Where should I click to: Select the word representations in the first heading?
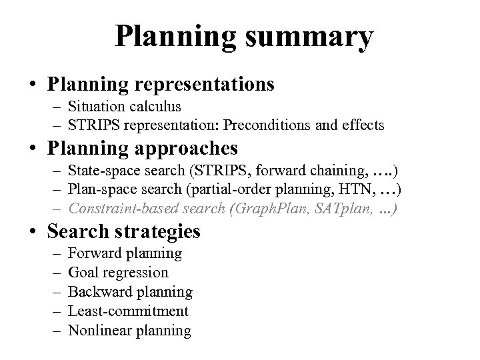(x=209, y=84)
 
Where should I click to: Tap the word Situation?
(x=95, y=106)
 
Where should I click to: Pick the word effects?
(x=362, y=125)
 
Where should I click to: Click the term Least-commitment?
(x=129, y=311)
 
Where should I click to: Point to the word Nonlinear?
(x=100, y=330)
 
